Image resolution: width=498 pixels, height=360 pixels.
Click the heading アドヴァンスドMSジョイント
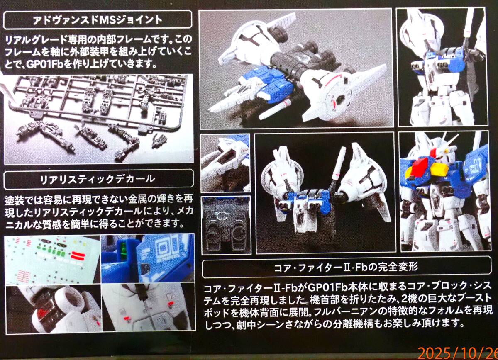tap(98, 20)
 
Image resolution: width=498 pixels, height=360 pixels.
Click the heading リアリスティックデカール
tap(98, 179)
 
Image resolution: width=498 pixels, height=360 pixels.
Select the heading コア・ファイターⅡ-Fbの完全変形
tap(346, 267)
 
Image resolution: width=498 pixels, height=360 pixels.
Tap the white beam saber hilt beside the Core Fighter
tap(275, 110)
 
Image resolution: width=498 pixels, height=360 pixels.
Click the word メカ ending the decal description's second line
tap(185, 211)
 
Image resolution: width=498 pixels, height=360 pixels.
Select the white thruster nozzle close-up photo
tap(54, 309)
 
